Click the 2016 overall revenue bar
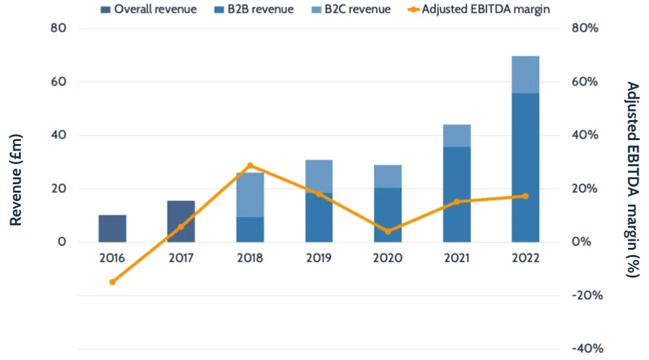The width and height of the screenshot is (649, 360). (112, 228)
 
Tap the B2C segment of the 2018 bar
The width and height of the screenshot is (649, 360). (250, 195)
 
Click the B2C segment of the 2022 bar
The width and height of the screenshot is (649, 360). (525, 75)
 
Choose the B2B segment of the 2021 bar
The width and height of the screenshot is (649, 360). (457, 194)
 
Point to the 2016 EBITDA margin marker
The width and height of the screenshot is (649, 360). (112, 282)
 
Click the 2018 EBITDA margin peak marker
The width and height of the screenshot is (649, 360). (250, 165)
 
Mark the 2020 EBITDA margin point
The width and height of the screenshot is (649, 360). (388, 231)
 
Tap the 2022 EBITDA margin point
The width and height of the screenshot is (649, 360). (525, 196)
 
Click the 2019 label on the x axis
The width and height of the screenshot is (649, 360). (319, 258)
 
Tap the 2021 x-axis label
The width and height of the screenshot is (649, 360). (457, 258)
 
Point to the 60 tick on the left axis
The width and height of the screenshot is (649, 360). (59, 82)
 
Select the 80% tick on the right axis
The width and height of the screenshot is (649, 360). (584, 29)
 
